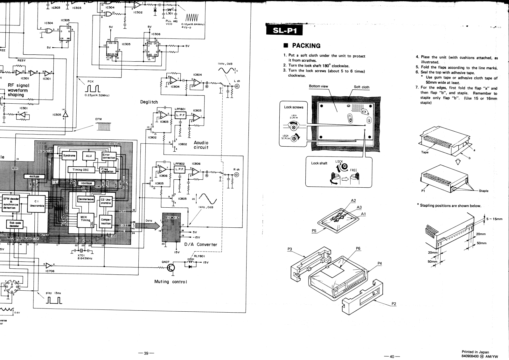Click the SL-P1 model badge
click(x=284, y=31)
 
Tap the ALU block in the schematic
click(x=89, y=156)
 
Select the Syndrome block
click(x=69, y=156)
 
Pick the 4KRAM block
click(x=34, y=177)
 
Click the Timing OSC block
click(x=80, y=170)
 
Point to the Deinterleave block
click(x=86, y=199)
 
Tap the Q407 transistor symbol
click(x=171, y=268)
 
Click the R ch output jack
click(x=237, y=174)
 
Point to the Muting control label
click(x=170, y=281)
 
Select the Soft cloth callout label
click(x=361, y=87)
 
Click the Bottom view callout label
click(x=318, y=86)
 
